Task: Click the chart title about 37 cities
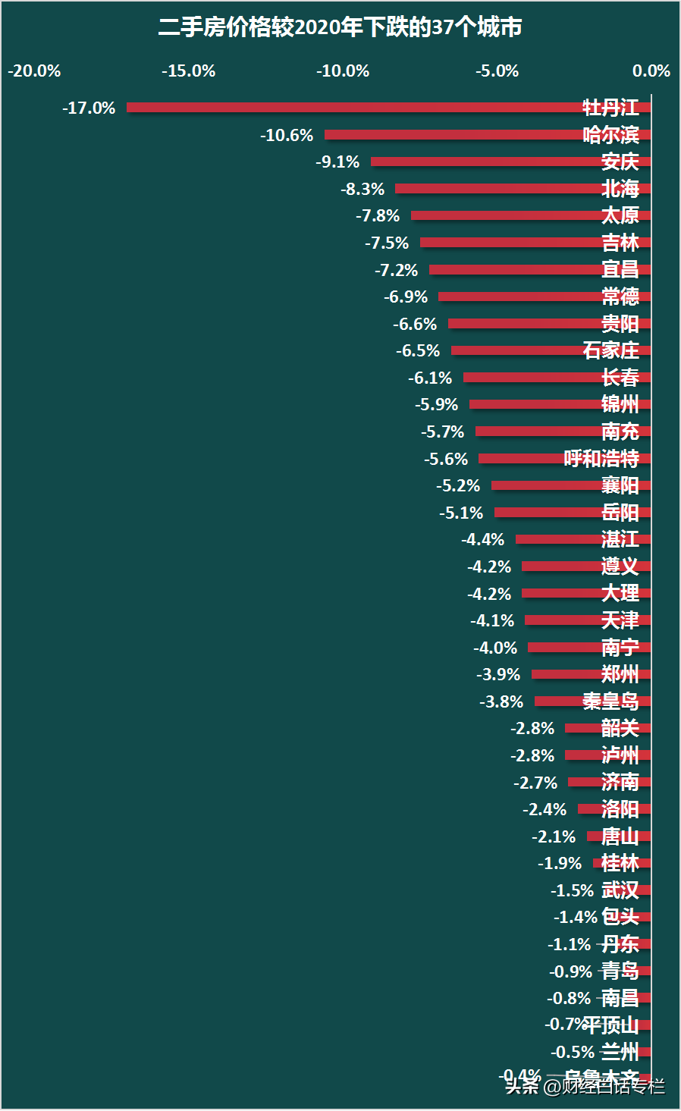coord(340,28)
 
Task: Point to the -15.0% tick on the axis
coord(189,71)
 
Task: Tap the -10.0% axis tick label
coord(343,71)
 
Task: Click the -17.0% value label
coord(89,108)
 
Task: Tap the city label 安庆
coord(620,162)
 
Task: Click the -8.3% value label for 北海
coord(362,189)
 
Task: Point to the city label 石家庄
coord(610,350)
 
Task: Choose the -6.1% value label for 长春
coord(430,378)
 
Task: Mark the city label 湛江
coord(620,539)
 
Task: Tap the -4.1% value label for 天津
coord(492,620)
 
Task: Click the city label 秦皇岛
coord(610,701)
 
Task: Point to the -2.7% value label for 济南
coord(535,783)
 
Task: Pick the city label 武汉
coord(620,890)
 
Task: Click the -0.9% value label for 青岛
coord(570,971)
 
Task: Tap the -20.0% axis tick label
coord(34,71)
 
